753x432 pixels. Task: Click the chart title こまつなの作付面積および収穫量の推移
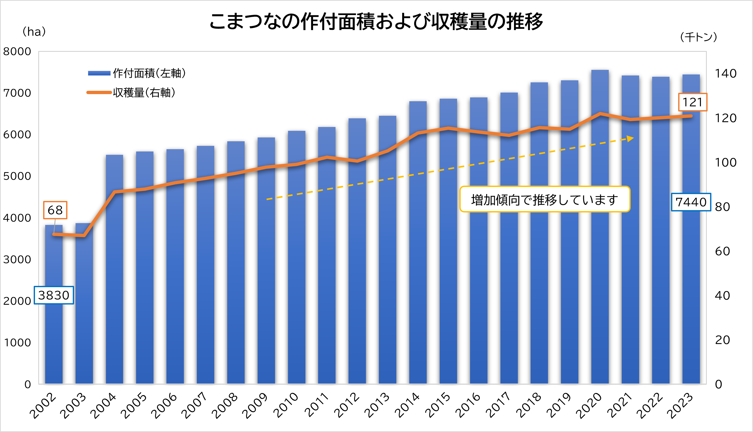(x=376, y=21)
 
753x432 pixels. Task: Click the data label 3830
(x=54, y=295)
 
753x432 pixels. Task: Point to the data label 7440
(x=691, y=202)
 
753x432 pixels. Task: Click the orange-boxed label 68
(x=55, y=210)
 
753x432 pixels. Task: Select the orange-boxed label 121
(x=692, y=102)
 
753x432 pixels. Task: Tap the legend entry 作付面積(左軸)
(x=137, y=73)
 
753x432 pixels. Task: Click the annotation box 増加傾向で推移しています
(x=544, y=199)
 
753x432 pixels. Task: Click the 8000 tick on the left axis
(x=17, y=52)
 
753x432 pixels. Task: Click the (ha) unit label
(x=34, y=32)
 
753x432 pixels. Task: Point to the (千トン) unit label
(x=699, y=37)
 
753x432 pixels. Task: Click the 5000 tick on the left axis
(x=17, y=176)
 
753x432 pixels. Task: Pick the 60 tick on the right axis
(x=722, y=251)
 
